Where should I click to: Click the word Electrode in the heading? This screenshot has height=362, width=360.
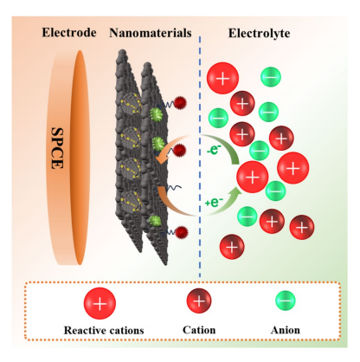(69, 33)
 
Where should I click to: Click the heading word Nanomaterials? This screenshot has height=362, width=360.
(151, 33)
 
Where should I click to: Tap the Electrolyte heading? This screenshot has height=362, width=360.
(259, 33)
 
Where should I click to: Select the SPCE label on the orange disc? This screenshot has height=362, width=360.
(57, 148)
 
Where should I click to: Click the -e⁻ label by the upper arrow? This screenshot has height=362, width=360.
(214, 149)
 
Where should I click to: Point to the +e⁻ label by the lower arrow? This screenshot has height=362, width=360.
(214, 203)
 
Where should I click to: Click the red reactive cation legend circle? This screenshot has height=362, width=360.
(100, 303)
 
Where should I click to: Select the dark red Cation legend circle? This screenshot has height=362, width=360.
(199, 301)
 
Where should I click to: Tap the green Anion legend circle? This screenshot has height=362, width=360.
(286, 301)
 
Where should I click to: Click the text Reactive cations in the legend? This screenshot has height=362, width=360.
(104, 330)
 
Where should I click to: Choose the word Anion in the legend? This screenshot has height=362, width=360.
(286, 330)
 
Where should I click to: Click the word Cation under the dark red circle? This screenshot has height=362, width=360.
(199, 330)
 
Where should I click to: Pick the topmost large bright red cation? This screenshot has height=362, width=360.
(222, 78)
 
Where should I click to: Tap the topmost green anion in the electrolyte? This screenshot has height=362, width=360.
(271, 77)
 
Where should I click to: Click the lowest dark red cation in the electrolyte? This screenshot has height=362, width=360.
(232, 247)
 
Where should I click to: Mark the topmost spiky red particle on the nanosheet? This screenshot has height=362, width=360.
(180, 103)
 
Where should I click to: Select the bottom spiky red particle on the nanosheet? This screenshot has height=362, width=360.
(181, 232)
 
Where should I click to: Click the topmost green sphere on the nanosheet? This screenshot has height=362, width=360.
(157, 113)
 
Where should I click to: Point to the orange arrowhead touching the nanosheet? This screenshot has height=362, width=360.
(159, 158)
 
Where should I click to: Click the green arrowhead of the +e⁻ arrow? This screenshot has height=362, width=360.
(237, 192)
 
